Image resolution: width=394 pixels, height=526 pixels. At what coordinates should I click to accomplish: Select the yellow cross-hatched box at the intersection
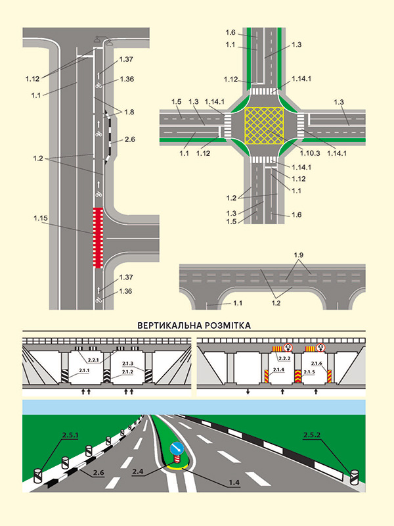[x=264, y=126]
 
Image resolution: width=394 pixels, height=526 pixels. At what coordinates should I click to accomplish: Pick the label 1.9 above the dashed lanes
[x=299, y=254]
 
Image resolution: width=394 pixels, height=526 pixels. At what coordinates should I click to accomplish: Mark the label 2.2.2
[x=284, y=359]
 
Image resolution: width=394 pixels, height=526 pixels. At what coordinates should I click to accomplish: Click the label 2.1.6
[x=317, y=364]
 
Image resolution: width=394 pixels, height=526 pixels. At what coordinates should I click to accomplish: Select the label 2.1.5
[x=318, y=371]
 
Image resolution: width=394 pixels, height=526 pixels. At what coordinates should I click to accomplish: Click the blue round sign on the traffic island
[x=177, y=449]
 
